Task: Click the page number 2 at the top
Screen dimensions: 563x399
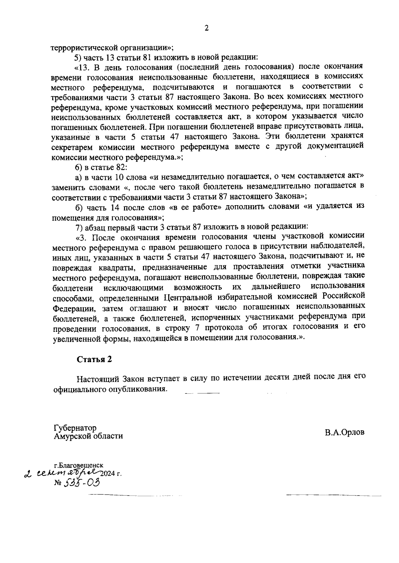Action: tap(206, 29)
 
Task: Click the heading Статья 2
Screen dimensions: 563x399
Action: tap(94, 359)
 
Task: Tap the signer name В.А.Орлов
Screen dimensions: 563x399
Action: tap(345, 432)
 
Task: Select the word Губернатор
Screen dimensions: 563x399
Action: tap(75, 428)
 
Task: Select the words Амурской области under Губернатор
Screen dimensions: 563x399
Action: tap(88, 436)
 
